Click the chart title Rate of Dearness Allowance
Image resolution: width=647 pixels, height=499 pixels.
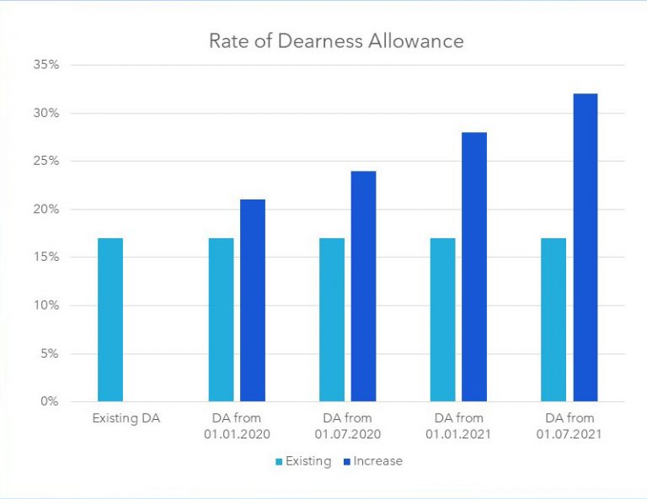336,40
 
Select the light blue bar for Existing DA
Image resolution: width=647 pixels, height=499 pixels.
110,320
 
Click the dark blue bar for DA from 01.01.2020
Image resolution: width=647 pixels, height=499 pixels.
253,300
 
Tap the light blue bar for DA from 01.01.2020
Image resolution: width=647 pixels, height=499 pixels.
221,320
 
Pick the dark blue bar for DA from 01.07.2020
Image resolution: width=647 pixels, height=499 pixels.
363,286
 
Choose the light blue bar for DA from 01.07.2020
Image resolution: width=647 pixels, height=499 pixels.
332,320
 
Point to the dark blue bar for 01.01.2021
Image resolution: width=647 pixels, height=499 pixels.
474,267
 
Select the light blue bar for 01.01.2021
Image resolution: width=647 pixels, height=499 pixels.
442,320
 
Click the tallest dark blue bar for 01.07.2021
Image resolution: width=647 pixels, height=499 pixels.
585,247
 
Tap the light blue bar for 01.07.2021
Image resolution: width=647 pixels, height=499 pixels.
553,320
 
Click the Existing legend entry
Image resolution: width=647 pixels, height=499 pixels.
302,461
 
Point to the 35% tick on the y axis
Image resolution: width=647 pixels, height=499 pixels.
46,65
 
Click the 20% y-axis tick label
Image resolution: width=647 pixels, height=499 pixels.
46,210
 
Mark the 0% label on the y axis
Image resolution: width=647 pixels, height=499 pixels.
50,401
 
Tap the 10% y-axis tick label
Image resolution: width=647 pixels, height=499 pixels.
46,305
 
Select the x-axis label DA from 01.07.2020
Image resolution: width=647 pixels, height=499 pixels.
348,426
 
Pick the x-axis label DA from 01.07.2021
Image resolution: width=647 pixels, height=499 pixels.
569,426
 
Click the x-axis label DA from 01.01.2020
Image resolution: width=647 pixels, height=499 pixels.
237,426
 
